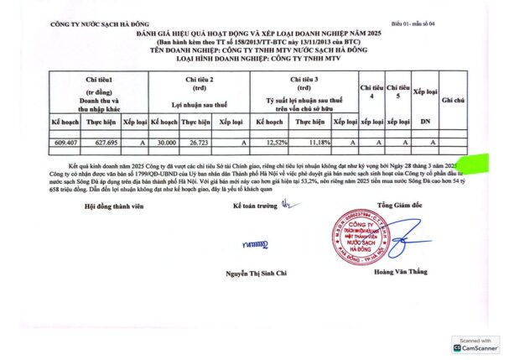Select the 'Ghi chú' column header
(x=453, y=99)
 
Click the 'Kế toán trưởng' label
(x=253, y=205)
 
